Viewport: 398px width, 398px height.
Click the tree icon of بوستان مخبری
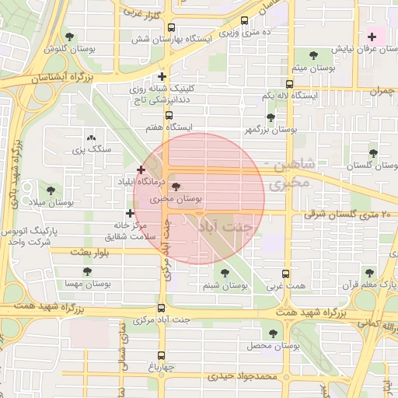(x=175, y=187)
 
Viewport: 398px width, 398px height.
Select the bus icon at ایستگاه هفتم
(x=169, y=114)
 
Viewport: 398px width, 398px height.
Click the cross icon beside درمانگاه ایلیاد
(x=141, y=169)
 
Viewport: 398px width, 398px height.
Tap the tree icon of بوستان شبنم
(x=225, y=273)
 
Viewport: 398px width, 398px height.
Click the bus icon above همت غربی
(x=285, y=274)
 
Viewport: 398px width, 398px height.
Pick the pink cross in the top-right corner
(x=372, y=37)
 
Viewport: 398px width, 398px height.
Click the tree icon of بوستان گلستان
(x=373, y=153)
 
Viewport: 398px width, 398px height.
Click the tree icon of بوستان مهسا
(x=86, y=271)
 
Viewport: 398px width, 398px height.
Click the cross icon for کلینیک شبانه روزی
(x=162, y=76)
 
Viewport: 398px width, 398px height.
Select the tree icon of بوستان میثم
(x=313, y=54)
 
